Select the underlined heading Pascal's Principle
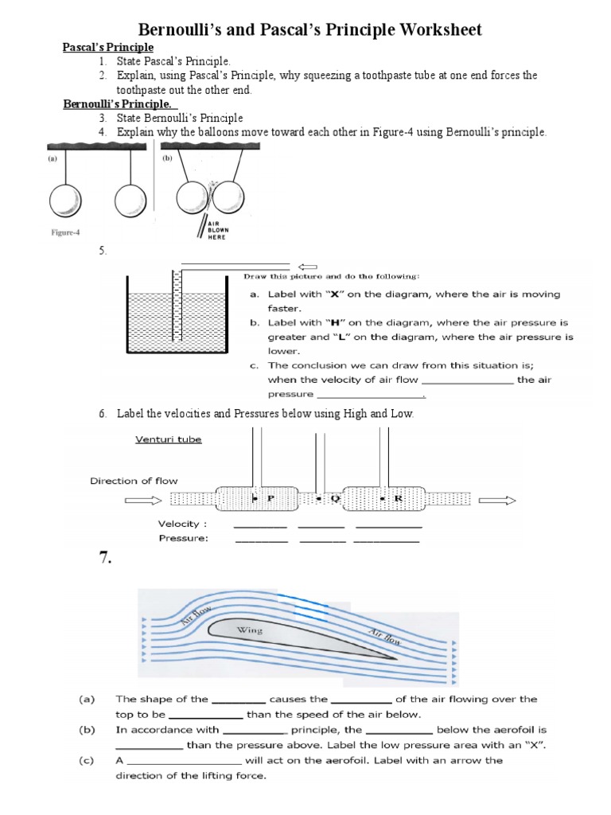click(108, 49)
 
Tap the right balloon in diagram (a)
click(130, 200)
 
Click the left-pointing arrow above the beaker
click(306, 267)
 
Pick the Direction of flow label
click(134, 481)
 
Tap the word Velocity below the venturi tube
click(182, 524)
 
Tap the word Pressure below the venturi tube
click(183, 538)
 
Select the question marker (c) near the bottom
click(87, 760)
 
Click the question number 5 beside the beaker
click(103, 252)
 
